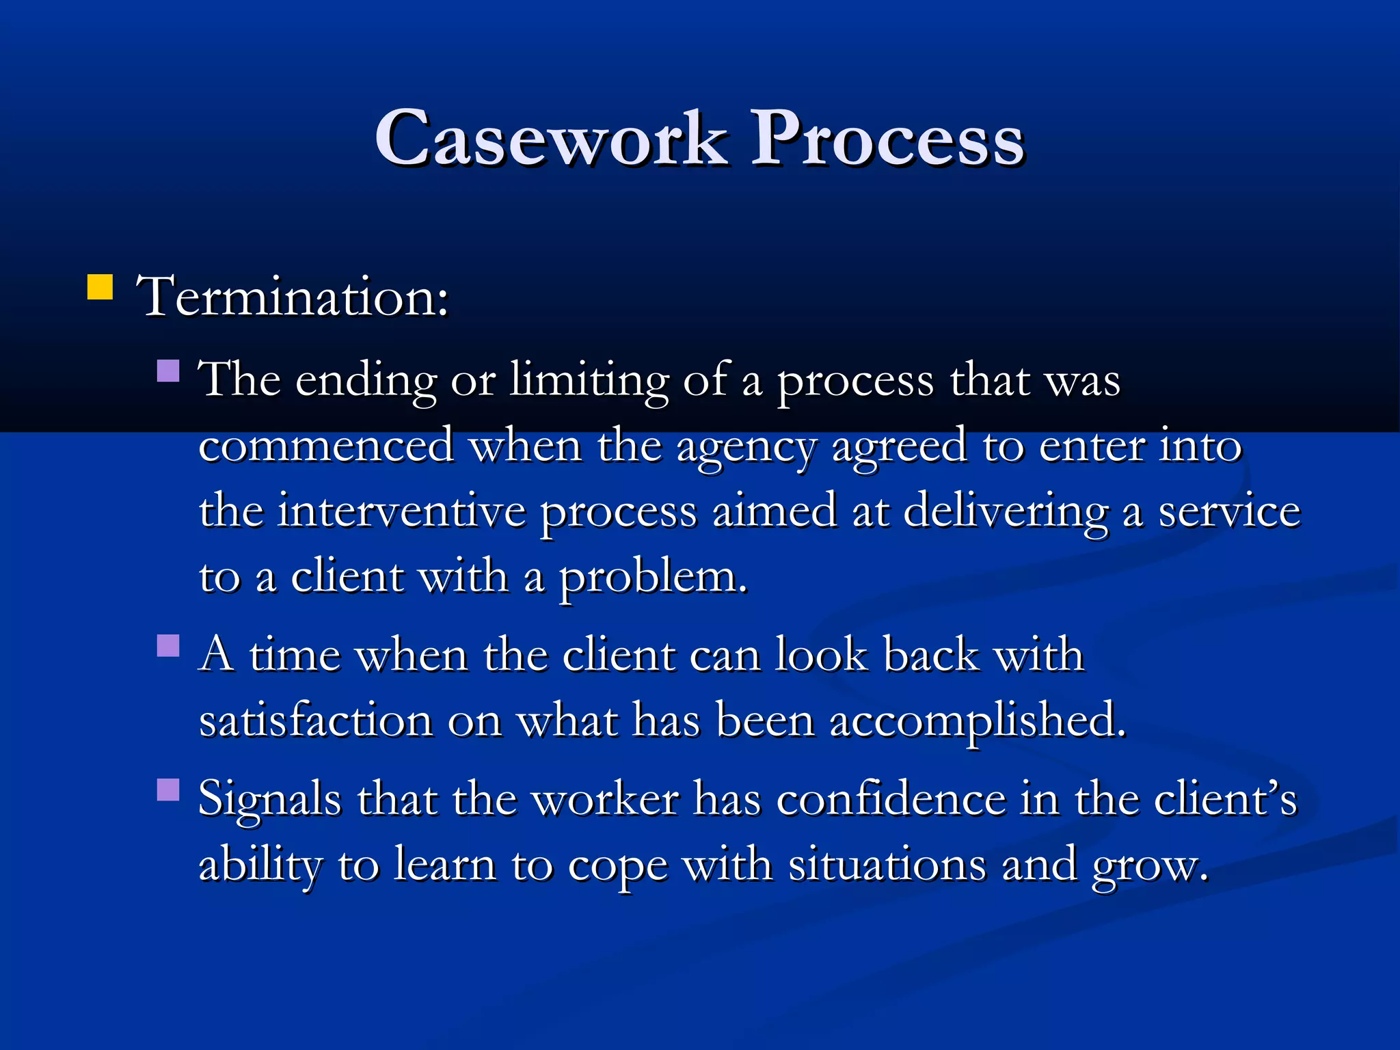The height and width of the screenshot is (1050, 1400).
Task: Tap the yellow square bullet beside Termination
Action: pos(100,287)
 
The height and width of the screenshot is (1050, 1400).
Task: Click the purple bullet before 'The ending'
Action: pos(168,371)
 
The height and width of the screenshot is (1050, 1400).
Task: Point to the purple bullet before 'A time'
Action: pos(168,645)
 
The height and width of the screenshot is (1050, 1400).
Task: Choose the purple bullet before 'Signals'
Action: pos(168,790)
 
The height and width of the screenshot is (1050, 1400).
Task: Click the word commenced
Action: pos(326,446)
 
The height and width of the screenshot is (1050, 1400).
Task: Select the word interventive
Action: pos(401,511)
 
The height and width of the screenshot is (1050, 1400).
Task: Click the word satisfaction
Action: pos(316,721)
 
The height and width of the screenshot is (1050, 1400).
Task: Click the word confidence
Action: pos(891,798)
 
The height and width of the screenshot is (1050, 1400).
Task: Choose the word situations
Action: pos(887,865)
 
